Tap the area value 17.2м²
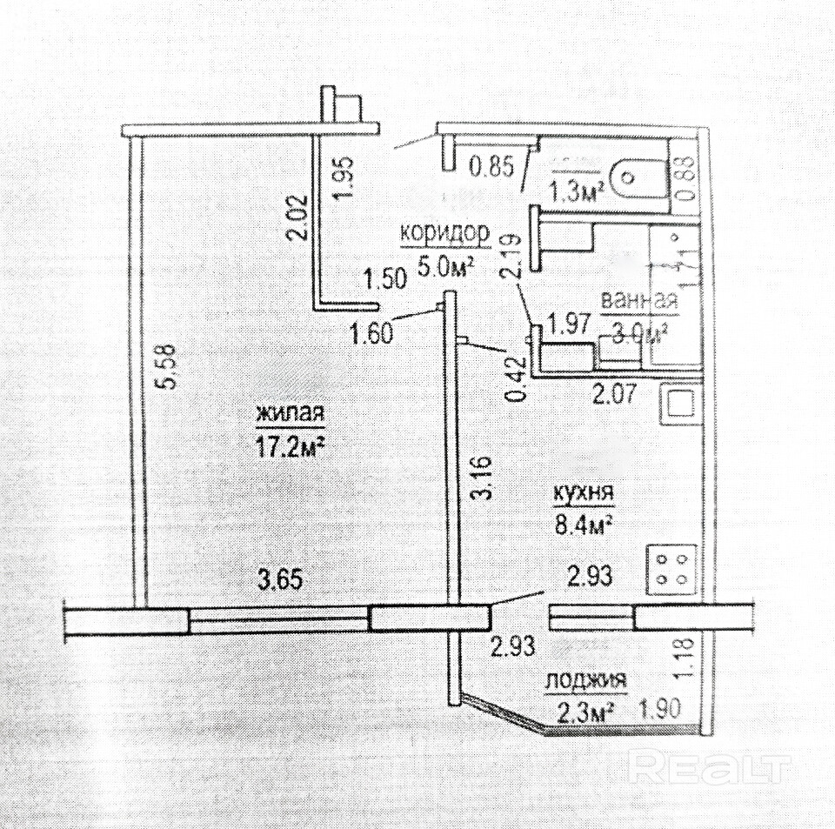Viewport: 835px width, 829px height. tap(290, 447)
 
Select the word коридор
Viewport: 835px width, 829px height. tap(444, 233)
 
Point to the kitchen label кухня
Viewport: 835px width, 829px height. tap(584, 492)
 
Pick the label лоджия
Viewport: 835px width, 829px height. tap(585, 680)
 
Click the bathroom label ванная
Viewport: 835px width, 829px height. tap(638, 300)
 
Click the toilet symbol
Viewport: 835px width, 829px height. tap(635, 181)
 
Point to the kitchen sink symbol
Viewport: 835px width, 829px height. tap(679, 403)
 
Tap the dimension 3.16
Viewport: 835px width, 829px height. tap(484, 478)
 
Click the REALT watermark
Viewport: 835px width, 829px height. tap(708, 765)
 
